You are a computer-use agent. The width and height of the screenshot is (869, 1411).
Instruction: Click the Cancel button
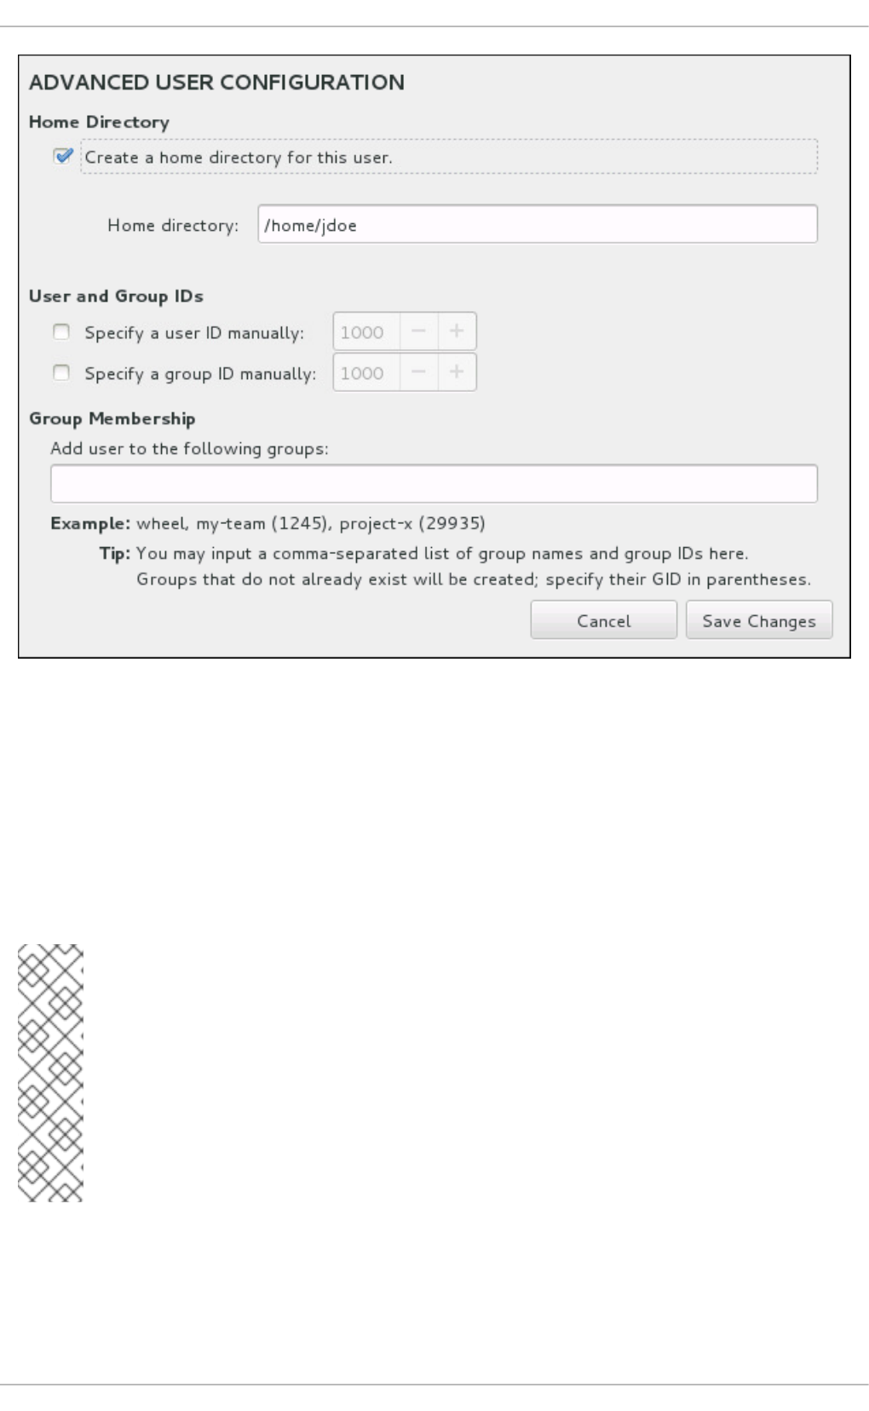click(x=603, y=620)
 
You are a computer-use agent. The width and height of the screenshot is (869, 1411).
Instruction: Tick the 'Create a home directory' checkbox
click(x=62, y=157)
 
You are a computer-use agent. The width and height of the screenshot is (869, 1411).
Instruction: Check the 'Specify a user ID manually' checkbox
click(x=61, y=332)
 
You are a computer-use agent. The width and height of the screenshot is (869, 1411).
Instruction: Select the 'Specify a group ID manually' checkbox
click(x=61, y=373)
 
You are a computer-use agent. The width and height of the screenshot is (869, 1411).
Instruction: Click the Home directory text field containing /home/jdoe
click(x=537, y=225)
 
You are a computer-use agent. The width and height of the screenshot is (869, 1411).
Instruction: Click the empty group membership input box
click(x=434, y=484)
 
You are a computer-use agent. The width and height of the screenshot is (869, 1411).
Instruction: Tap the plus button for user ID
click(x=457, y=331)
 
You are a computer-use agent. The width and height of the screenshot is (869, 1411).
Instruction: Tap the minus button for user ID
click(x=418, y=331)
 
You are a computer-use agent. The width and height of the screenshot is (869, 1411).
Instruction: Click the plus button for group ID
click(x=457, y=372)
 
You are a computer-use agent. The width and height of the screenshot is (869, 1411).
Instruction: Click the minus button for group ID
click(x=418, y=372)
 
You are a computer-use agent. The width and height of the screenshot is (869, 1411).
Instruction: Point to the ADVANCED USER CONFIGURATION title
click(x=216, y=83)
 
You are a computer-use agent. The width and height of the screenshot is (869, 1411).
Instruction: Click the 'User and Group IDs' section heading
click(x=116, y=297)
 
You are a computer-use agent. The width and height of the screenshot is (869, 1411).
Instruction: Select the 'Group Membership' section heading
click(x=112, y=419)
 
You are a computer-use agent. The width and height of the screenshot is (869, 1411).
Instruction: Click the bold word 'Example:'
click(x=90, y=523)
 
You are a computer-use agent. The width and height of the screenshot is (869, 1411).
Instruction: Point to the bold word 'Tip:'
click(x=114, y=554)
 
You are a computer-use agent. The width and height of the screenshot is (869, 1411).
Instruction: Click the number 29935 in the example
click(x=452, y=523)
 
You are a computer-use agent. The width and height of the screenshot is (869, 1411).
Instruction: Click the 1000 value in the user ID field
click(x=362, y=332)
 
